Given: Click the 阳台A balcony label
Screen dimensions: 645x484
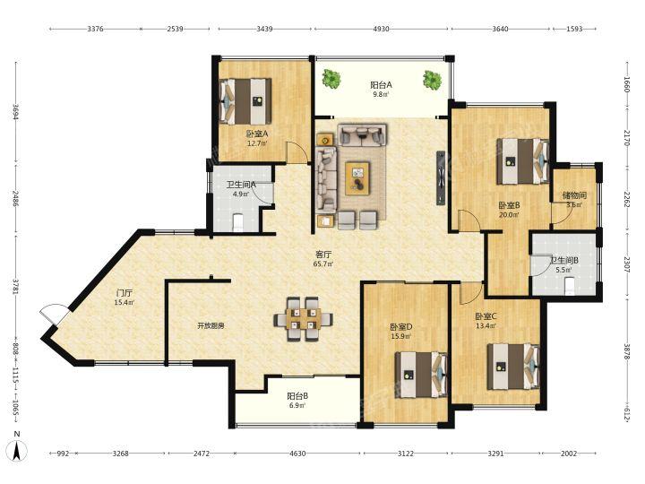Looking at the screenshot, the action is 381,85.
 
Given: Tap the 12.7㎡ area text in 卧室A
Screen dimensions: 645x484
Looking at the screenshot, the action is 257,143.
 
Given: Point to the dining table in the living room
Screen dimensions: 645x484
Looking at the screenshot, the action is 304,319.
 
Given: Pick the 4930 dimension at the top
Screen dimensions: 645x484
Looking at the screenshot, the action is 382,29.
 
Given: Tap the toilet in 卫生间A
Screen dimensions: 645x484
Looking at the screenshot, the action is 238,221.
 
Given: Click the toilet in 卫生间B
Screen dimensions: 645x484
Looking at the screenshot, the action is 570,286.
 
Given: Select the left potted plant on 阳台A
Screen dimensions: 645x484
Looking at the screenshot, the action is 331,78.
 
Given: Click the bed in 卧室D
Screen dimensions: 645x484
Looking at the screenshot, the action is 421,375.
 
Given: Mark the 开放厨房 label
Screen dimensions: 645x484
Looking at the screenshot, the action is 211,326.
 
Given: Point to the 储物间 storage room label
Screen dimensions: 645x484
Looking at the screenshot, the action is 574,194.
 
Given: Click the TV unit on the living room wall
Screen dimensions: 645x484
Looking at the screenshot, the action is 441,177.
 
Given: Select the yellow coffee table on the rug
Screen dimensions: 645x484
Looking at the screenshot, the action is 357,178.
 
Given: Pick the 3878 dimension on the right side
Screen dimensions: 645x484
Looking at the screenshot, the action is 626,352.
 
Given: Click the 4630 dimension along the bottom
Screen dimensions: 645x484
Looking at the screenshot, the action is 297,454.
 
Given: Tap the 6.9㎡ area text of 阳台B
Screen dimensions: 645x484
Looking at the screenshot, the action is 297,405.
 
